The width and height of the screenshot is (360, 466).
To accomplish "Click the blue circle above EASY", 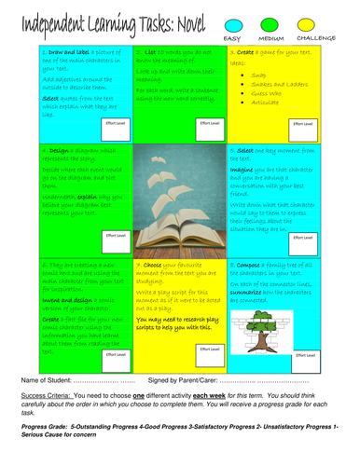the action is [234, 22].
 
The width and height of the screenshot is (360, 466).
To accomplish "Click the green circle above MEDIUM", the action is [277, 22].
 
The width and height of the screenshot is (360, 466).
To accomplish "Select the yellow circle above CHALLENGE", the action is [319, 22].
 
